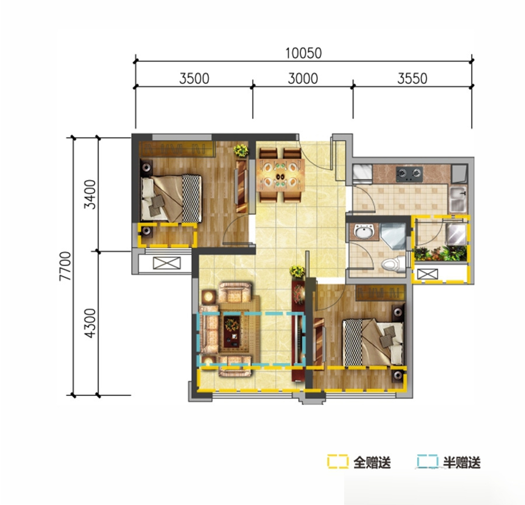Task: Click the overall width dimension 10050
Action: pos(303,53)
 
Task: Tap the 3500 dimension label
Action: pos(194,79)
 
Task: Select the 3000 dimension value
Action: pos(303,79)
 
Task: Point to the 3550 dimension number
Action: pos(412,79)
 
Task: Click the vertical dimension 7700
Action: pos(65,266)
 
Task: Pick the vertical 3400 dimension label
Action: pos(90,194)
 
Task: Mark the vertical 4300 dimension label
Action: pos(90,323)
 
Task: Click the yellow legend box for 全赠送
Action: pos(338,461)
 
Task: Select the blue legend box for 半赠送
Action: pos(428,461)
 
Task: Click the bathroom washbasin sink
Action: pos(364,231)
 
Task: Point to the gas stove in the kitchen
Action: pos(409,173)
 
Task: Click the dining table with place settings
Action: pos(281,175)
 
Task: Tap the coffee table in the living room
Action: pos(232,331)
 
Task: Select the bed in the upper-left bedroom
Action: pos(171,198)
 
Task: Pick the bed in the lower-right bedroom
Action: pos(373,342)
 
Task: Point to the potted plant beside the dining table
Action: pos(241,151)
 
